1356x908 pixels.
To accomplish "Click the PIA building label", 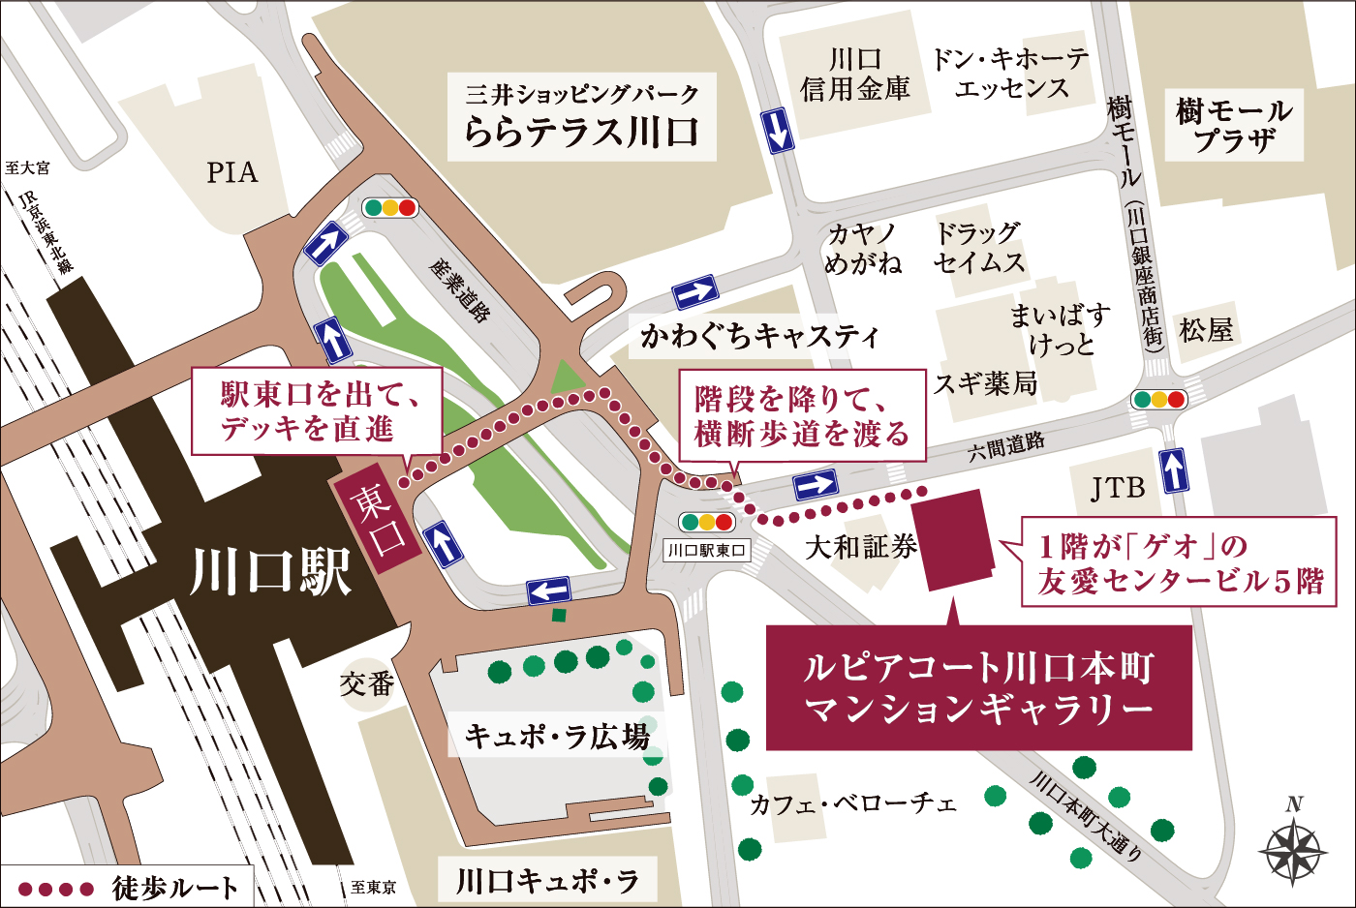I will pos(232,172).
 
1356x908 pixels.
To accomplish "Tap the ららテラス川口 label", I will pos(581,117).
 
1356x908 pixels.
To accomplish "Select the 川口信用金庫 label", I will pos(855,75).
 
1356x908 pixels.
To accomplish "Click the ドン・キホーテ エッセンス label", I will pos(1011,75).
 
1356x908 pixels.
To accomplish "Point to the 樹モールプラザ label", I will pos(1234,125).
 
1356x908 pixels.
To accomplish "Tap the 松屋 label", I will pos(1206,330).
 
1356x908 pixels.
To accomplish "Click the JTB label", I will pos(1118,488).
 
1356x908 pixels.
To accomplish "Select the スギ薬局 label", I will pos(985,383).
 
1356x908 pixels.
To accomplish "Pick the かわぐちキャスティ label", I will pos(759,336).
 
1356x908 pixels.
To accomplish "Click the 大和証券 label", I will pos(861,547).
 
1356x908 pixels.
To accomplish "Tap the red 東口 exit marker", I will pos(378,517).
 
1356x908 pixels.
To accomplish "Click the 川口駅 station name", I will pos(270,571).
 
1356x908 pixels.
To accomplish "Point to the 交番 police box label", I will pos(367,684).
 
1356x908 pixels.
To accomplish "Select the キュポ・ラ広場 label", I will pos(557,737).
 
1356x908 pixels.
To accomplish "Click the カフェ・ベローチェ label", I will pos(853,803).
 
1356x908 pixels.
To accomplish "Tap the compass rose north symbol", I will pos(1293,849).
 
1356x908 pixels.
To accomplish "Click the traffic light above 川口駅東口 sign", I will pos(707,523).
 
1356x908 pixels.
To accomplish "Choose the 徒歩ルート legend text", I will pos(175,887).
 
